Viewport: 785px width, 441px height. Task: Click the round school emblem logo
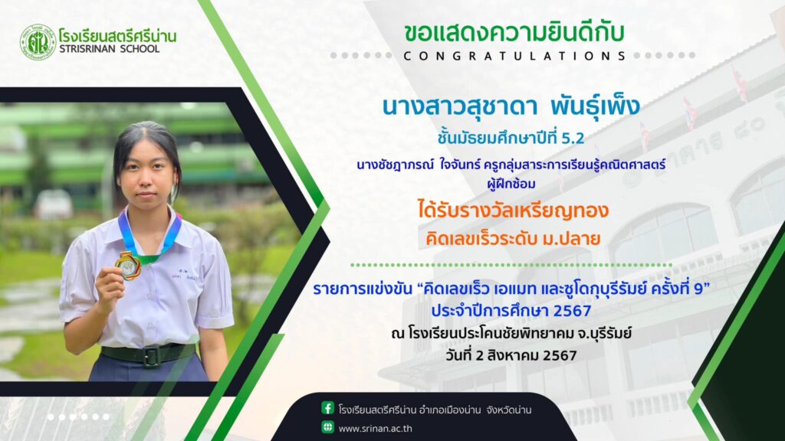(38, 43)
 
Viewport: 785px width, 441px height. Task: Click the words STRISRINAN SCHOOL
(109, 49)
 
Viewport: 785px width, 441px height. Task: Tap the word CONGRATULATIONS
(514, 56)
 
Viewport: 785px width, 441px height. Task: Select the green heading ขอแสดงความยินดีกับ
(514, 32)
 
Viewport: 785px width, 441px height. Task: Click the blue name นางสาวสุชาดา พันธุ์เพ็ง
(511, 106)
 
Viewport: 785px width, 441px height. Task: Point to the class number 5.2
(573, 138)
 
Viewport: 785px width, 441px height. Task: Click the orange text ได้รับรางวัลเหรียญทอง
(513, 210)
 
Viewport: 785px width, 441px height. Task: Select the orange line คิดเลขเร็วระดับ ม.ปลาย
(513, 239)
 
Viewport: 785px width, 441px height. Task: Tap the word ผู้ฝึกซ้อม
(511, 184)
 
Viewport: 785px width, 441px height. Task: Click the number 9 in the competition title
(699, 289)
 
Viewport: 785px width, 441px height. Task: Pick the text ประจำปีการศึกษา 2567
(511, 311)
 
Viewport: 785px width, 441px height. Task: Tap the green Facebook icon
(328, 408)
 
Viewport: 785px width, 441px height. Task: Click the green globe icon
(328, 427)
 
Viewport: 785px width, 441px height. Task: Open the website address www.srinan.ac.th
(376, 429)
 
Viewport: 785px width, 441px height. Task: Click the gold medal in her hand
(129, 266)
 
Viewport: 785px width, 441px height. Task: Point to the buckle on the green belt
(150, 356)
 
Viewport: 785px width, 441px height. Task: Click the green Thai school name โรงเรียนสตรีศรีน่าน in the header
(117, 36)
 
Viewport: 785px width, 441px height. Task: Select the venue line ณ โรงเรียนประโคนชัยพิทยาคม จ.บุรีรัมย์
(511, 333)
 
